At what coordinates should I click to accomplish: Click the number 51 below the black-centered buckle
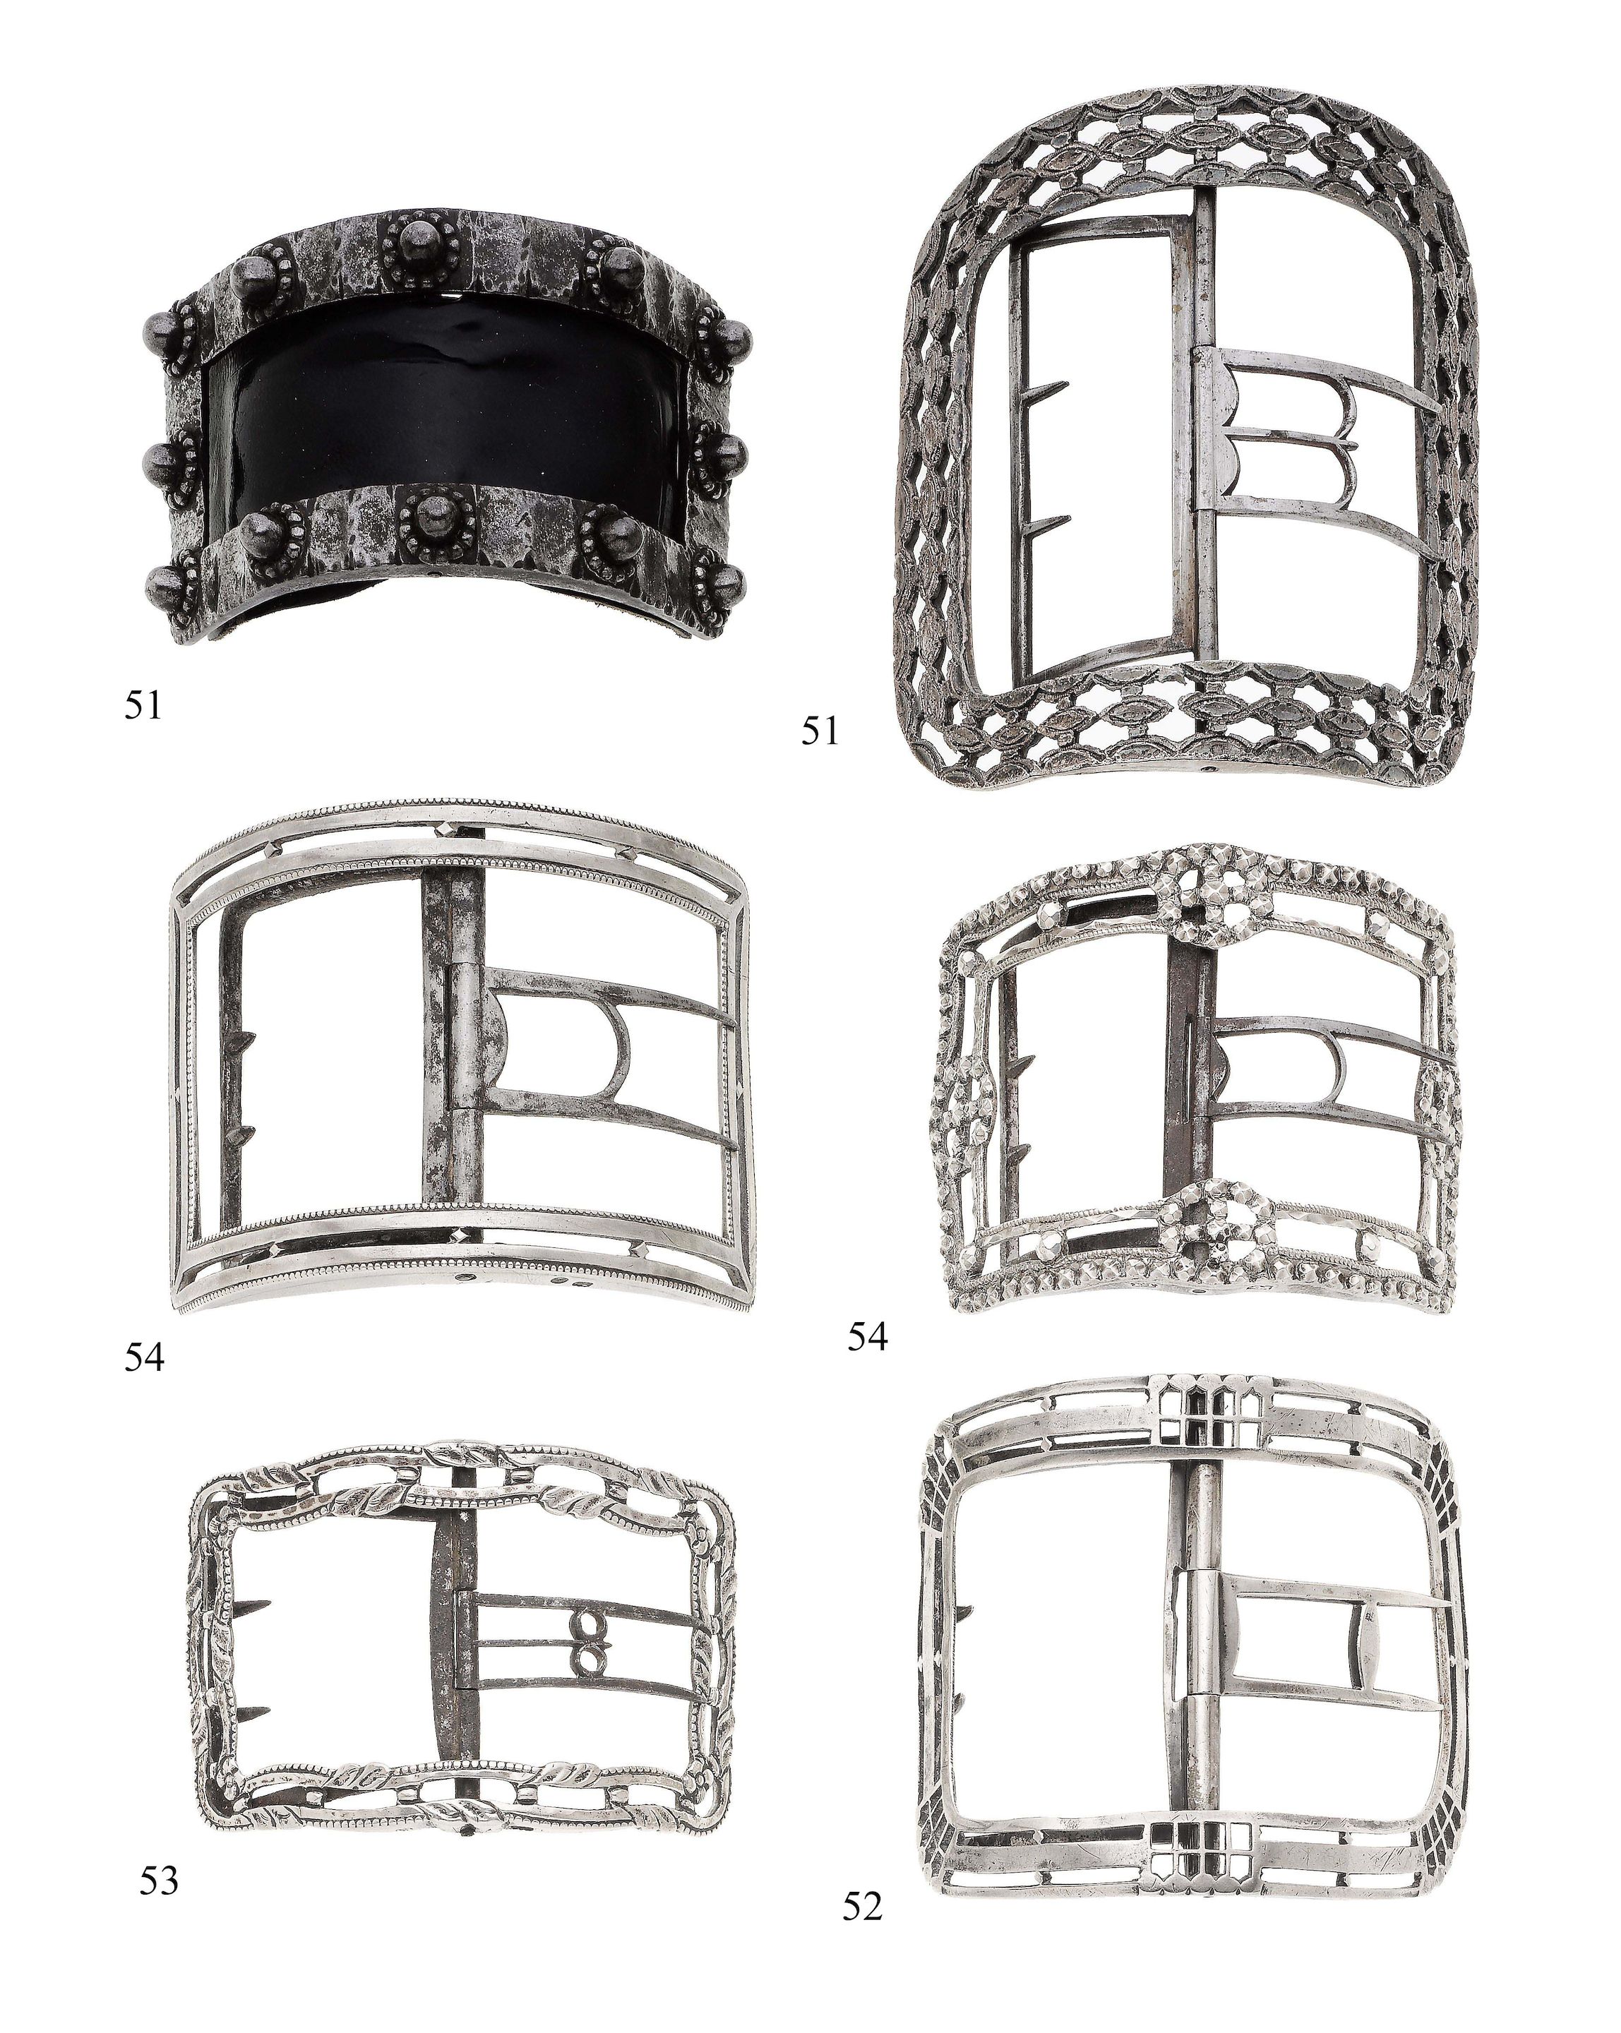(x=143, y=705)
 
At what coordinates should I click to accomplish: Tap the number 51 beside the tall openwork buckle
(x=820, y=731)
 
